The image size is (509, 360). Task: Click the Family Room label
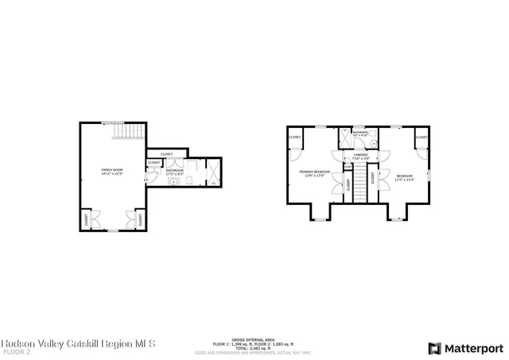111,171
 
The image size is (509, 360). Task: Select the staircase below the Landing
363,184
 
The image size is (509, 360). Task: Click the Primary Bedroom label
314,173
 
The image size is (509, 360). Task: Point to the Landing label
361,157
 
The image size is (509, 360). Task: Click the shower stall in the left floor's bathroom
213,172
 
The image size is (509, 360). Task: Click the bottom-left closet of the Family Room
86,218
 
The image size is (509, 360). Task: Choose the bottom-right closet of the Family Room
140,218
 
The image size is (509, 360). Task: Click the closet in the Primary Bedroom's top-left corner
295,137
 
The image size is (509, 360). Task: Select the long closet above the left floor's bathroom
167,153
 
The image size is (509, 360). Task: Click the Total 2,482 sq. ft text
254,346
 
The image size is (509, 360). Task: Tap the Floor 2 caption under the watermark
16,350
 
